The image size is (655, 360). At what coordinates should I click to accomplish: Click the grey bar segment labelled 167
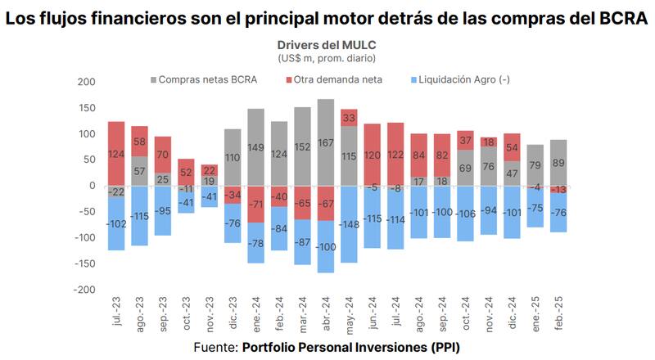(326, 142)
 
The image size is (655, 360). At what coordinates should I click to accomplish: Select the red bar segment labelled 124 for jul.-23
(116, 153)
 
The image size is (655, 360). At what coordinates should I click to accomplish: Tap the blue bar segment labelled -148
(349, 223)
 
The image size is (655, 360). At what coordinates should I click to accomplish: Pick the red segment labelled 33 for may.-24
(349, 118)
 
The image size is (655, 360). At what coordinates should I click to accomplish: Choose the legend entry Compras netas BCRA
(206, 79)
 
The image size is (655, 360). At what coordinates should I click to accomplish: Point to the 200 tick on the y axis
(84, 82)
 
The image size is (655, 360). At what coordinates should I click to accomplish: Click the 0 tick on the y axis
(91, 186)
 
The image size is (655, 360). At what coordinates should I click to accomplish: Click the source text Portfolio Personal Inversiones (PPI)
(350, 347)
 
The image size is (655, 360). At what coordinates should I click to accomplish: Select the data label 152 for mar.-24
(302, 147)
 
